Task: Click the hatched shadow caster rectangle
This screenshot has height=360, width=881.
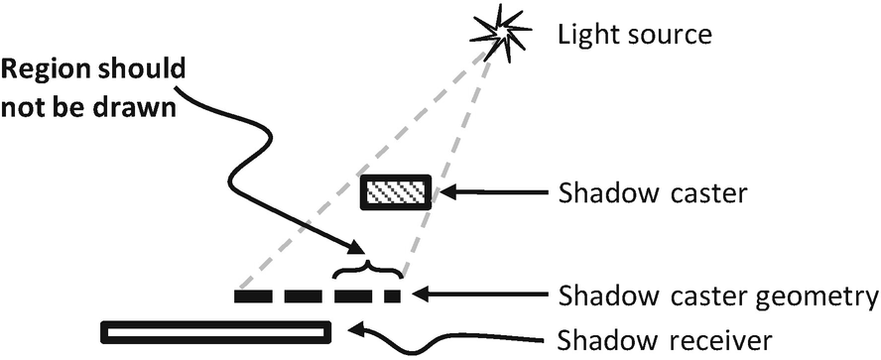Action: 396,191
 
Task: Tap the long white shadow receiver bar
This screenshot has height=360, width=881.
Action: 215,330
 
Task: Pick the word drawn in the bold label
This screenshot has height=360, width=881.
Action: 147,107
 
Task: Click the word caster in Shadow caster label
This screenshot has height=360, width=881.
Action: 703,192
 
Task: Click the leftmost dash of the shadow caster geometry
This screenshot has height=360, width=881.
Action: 252,296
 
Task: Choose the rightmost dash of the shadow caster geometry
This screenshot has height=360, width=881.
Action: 391,296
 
